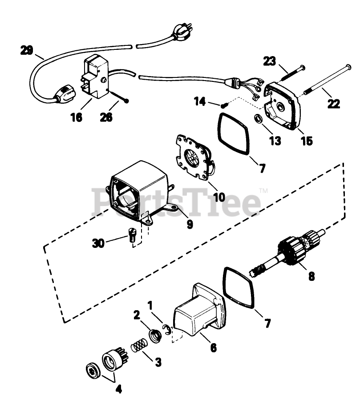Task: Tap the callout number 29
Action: click(x=27, y=50)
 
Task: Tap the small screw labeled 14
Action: click(x=224, y=105)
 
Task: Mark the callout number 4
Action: click(x=118, y=389)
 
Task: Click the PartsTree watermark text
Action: click(x=176, y=203)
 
